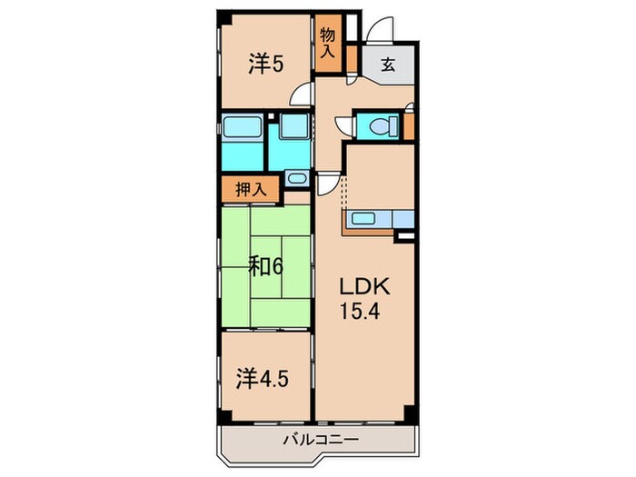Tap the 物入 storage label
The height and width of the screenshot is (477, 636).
[327, 41]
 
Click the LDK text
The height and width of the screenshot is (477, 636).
[364, 287]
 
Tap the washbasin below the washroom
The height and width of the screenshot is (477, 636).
[297, 177]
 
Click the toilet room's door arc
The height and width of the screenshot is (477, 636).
[343, 125]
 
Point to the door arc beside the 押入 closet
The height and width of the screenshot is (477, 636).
[325, 184]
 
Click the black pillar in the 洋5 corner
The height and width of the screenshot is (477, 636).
[224, 20]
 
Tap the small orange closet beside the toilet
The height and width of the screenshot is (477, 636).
[409, 125]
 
